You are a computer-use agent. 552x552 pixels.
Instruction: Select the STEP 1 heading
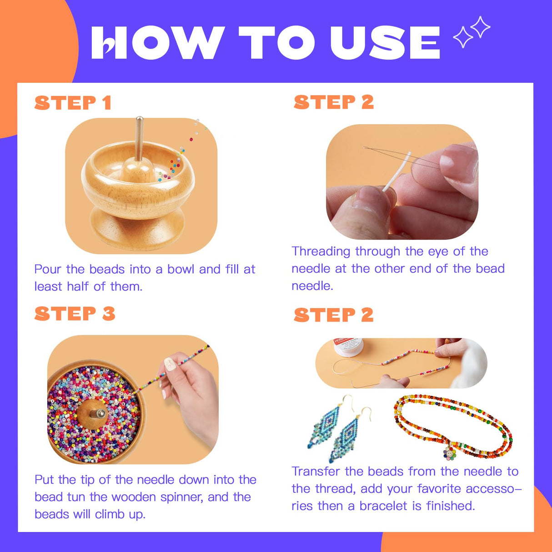(x=73, y=103)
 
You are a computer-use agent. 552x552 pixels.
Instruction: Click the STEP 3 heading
(x=75, y=314)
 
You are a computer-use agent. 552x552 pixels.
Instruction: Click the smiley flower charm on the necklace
(x=449, y=452)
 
